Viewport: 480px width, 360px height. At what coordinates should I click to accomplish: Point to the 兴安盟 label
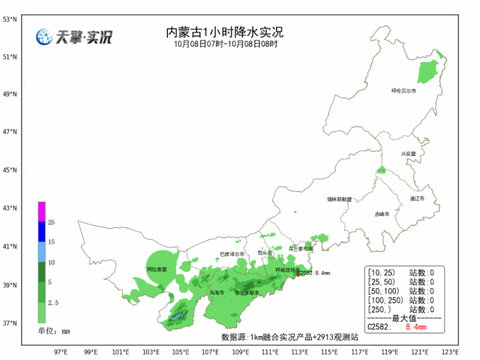(408, 153)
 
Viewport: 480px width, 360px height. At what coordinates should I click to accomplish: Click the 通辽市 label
(417, 199)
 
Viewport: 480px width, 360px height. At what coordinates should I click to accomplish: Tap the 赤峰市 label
(382, 214)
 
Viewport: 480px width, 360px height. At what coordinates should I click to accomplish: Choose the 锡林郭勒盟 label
(339, 199)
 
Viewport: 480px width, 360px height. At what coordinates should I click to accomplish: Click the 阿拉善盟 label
(157, 268)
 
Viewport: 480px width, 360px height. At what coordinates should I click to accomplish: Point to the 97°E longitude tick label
(61, 351)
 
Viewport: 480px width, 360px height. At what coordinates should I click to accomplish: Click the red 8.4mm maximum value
(415, 328)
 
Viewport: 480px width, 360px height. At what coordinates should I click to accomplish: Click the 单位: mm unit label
(54, 330)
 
